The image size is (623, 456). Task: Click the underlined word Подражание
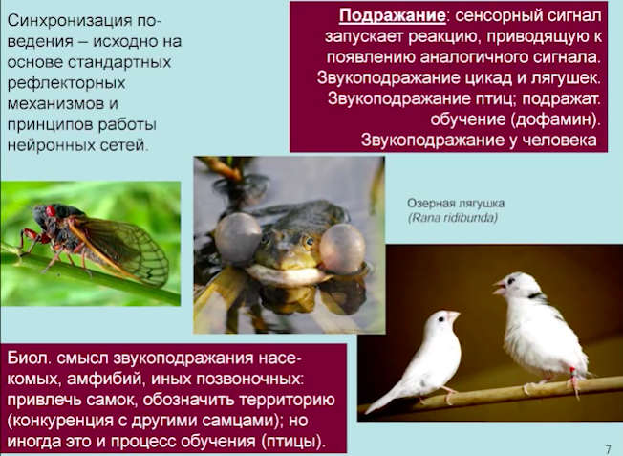point(392,16)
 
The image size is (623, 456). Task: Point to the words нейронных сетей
point(77,145)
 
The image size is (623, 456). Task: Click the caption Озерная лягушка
point(456,204)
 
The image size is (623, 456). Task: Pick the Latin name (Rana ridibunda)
point(453,218)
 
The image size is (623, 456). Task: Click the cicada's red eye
point(51,211)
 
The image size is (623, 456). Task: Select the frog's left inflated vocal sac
point(238,237)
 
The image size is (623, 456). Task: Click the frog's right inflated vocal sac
point(342,249)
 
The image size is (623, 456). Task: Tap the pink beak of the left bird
point(453,316)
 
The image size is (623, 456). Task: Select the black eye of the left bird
point(440,319)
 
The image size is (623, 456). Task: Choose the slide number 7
point(608,449)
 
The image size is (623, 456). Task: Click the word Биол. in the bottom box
point(30,358)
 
